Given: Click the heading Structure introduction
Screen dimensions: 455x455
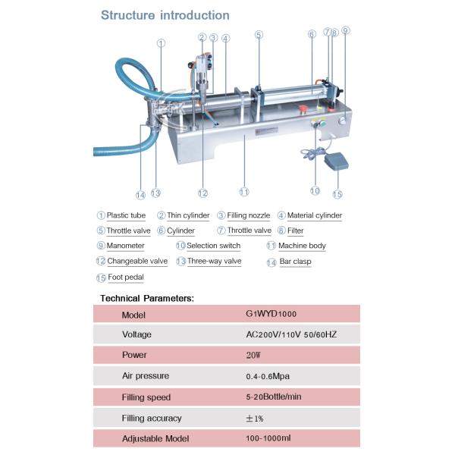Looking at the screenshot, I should point(165,15).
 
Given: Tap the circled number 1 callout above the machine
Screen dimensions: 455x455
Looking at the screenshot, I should point(161,43).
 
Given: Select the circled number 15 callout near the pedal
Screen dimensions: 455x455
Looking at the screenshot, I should point(337,194).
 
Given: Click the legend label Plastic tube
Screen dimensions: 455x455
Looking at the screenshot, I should point(126,215).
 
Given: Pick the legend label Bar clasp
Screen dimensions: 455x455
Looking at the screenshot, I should point(295,262).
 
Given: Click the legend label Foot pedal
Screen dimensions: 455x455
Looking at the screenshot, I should point(125,278).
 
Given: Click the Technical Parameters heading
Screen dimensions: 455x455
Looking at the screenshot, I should point(147,298).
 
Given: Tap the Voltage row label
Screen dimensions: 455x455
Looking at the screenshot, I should point(136,334).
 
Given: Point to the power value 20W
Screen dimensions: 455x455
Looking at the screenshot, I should point(255,355).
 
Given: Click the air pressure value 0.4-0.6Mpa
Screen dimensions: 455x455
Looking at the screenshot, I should point(268,375).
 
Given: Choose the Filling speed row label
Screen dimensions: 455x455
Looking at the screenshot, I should point(146,397).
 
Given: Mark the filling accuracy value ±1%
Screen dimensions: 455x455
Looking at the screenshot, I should point(256,418).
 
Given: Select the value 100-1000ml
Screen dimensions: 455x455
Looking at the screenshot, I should point(268,438).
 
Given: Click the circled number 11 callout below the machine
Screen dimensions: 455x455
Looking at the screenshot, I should point(243,191).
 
